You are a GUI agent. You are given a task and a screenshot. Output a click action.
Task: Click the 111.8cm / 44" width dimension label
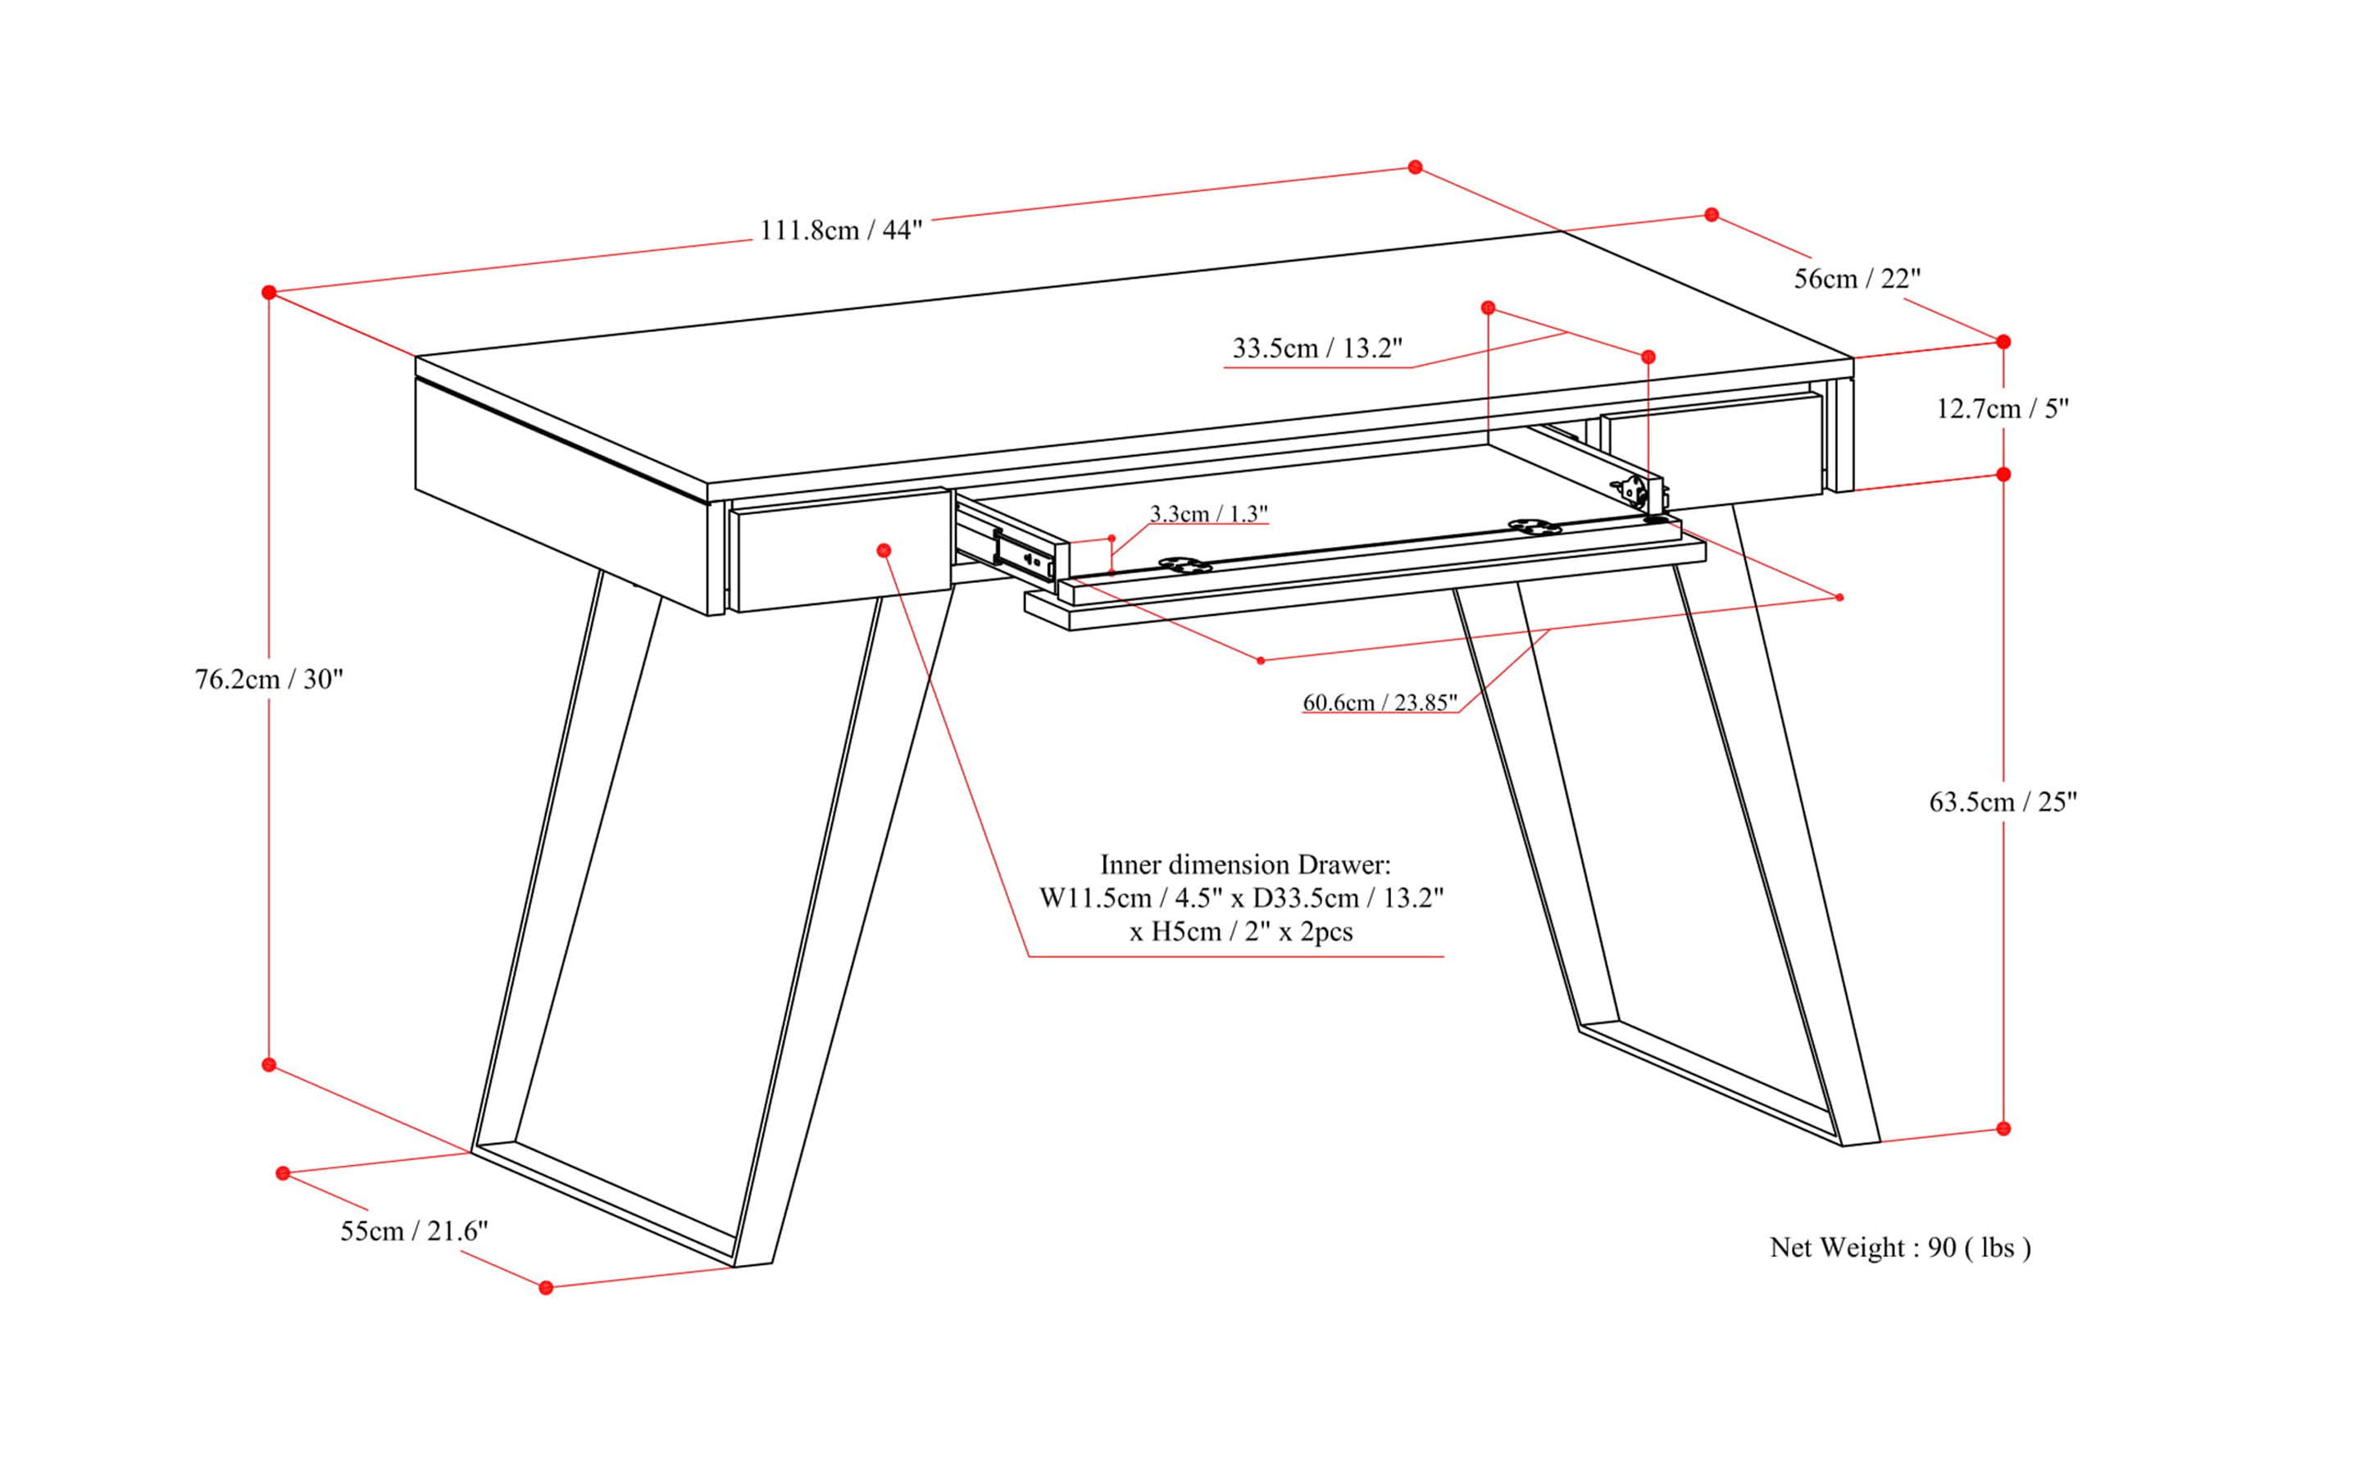tap(841, 230)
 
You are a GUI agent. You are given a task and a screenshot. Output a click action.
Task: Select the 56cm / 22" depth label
tap(1857, 279)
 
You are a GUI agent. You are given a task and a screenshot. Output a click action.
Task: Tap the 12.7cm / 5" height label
tap(2002, 408)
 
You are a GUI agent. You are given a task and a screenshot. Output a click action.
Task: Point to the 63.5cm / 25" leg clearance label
tap(2003, 802)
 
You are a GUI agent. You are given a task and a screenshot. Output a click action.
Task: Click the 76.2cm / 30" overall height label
tap(269, 679)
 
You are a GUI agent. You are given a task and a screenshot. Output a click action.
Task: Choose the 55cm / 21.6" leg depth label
tap(414, 1231)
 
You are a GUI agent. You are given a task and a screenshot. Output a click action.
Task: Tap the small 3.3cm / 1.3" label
tap(1208, 513)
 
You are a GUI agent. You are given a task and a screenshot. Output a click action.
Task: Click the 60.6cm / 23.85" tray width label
tap(1379, 703)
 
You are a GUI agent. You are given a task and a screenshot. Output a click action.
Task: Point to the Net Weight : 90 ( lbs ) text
tap(1900, 1248)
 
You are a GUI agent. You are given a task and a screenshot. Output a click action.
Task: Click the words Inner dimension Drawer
tap(1244, 865)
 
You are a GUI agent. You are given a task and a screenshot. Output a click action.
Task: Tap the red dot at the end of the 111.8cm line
tap(1414, 168)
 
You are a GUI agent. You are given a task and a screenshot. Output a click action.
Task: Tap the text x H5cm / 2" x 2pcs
tap(1240, 931)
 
